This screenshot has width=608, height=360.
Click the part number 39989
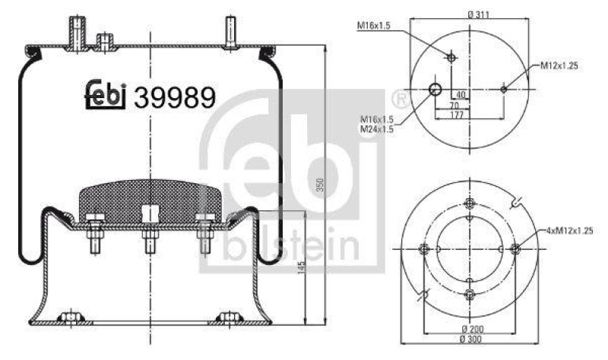click(175, 96)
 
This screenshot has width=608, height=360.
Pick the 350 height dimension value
click(320, 185)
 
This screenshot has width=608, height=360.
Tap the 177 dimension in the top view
click(456, 115)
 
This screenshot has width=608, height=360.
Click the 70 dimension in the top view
click(454, 105)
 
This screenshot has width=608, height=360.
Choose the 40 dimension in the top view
click(461, 95)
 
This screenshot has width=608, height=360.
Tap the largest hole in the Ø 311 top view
click(435, 90)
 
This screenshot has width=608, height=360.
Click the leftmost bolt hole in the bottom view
click(424, 249)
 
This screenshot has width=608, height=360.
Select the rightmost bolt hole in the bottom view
click(515, 248)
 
